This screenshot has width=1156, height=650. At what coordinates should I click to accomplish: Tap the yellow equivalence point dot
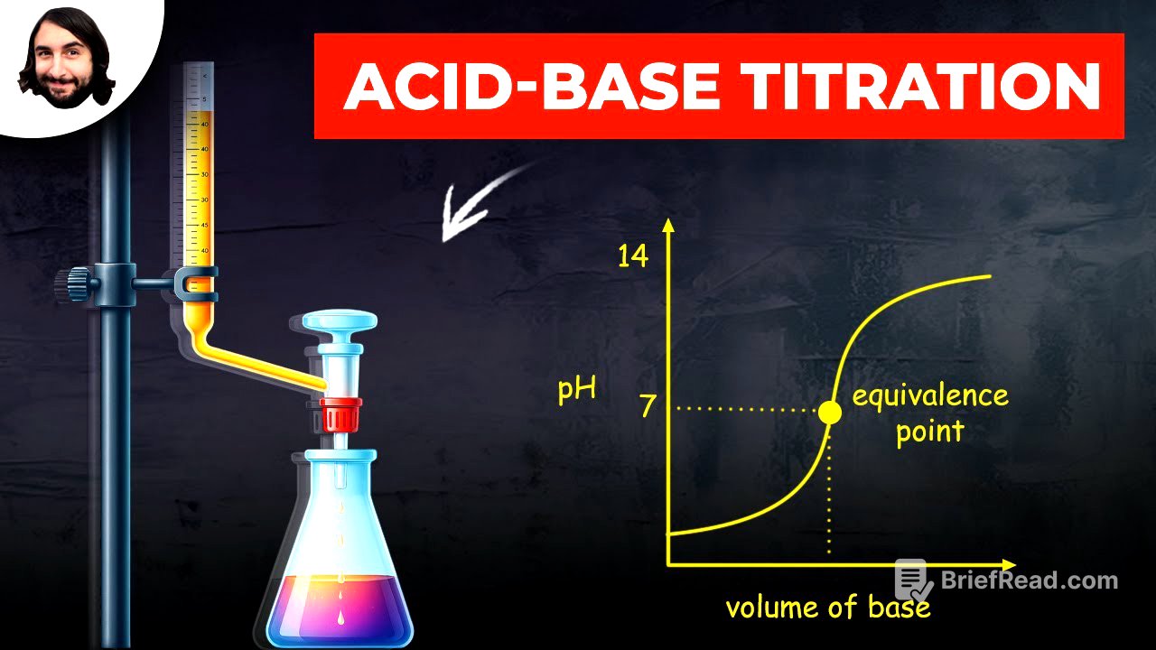coord(829,413)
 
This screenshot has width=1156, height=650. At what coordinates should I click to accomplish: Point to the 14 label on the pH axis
coord(632,256)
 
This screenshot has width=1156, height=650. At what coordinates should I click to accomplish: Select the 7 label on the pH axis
coord(647,406)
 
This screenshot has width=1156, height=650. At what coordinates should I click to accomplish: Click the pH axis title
coord(576,391)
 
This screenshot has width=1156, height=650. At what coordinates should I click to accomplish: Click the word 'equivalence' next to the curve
coord(929,395)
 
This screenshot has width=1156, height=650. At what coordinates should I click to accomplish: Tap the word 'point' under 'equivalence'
coord(929,431)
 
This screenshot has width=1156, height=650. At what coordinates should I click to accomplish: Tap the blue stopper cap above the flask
coord(340,321)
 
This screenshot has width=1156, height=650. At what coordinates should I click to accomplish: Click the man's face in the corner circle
coord(65,59)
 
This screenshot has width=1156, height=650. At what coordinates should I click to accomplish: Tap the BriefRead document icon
coord(913,580)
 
